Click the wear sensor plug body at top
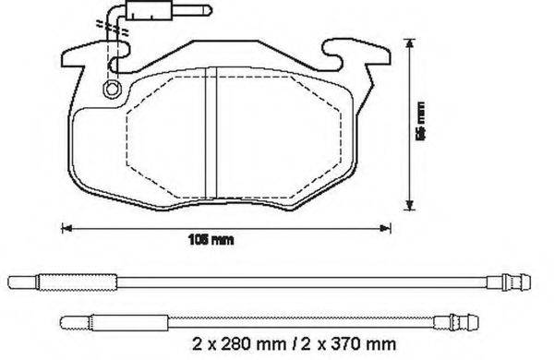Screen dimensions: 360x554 (x=145, y=16)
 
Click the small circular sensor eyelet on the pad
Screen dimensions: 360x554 (x=112, y=89)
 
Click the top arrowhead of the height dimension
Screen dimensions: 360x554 (x=409, y=42)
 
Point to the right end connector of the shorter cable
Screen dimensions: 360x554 (x=459, y=322)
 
